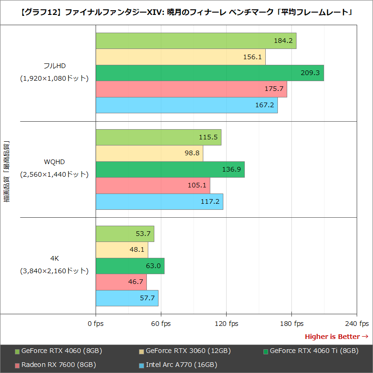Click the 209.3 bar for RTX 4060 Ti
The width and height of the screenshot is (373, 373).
pos(209,73)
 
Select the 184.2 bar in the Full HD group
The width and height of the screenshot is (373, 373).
pos(196,41)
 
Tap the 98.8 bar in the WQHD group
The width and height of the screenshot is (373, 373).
pos(149,153)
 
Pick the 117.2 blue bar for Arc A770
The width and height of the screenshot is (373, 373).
pos(159,201)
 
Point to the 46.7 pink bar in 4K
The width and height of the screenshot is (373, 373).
pos(121,282)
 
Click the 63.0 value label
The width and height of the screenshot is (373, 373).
pos(153,266)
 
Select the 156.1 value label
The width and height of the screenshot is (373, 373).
pos(252,57)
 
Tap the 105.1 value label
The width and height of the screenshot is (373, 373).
pos(197,186)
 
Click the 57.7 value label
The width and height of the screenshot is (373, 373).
pos(147,298)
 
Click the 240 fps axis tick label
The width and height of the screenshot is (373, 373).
pos(357,324)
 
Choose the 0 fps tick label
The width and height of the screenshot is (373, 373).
pos(96,324)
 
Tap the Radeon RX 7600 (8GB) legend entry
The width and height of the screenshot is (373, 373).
pos(58,365)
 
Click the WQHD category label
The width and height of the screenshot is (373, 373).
pos(54,162)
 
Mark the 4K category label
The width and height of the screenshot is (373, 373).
pos(54,258)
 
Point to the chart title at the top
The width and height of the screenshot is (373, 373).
pos(186,12)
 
